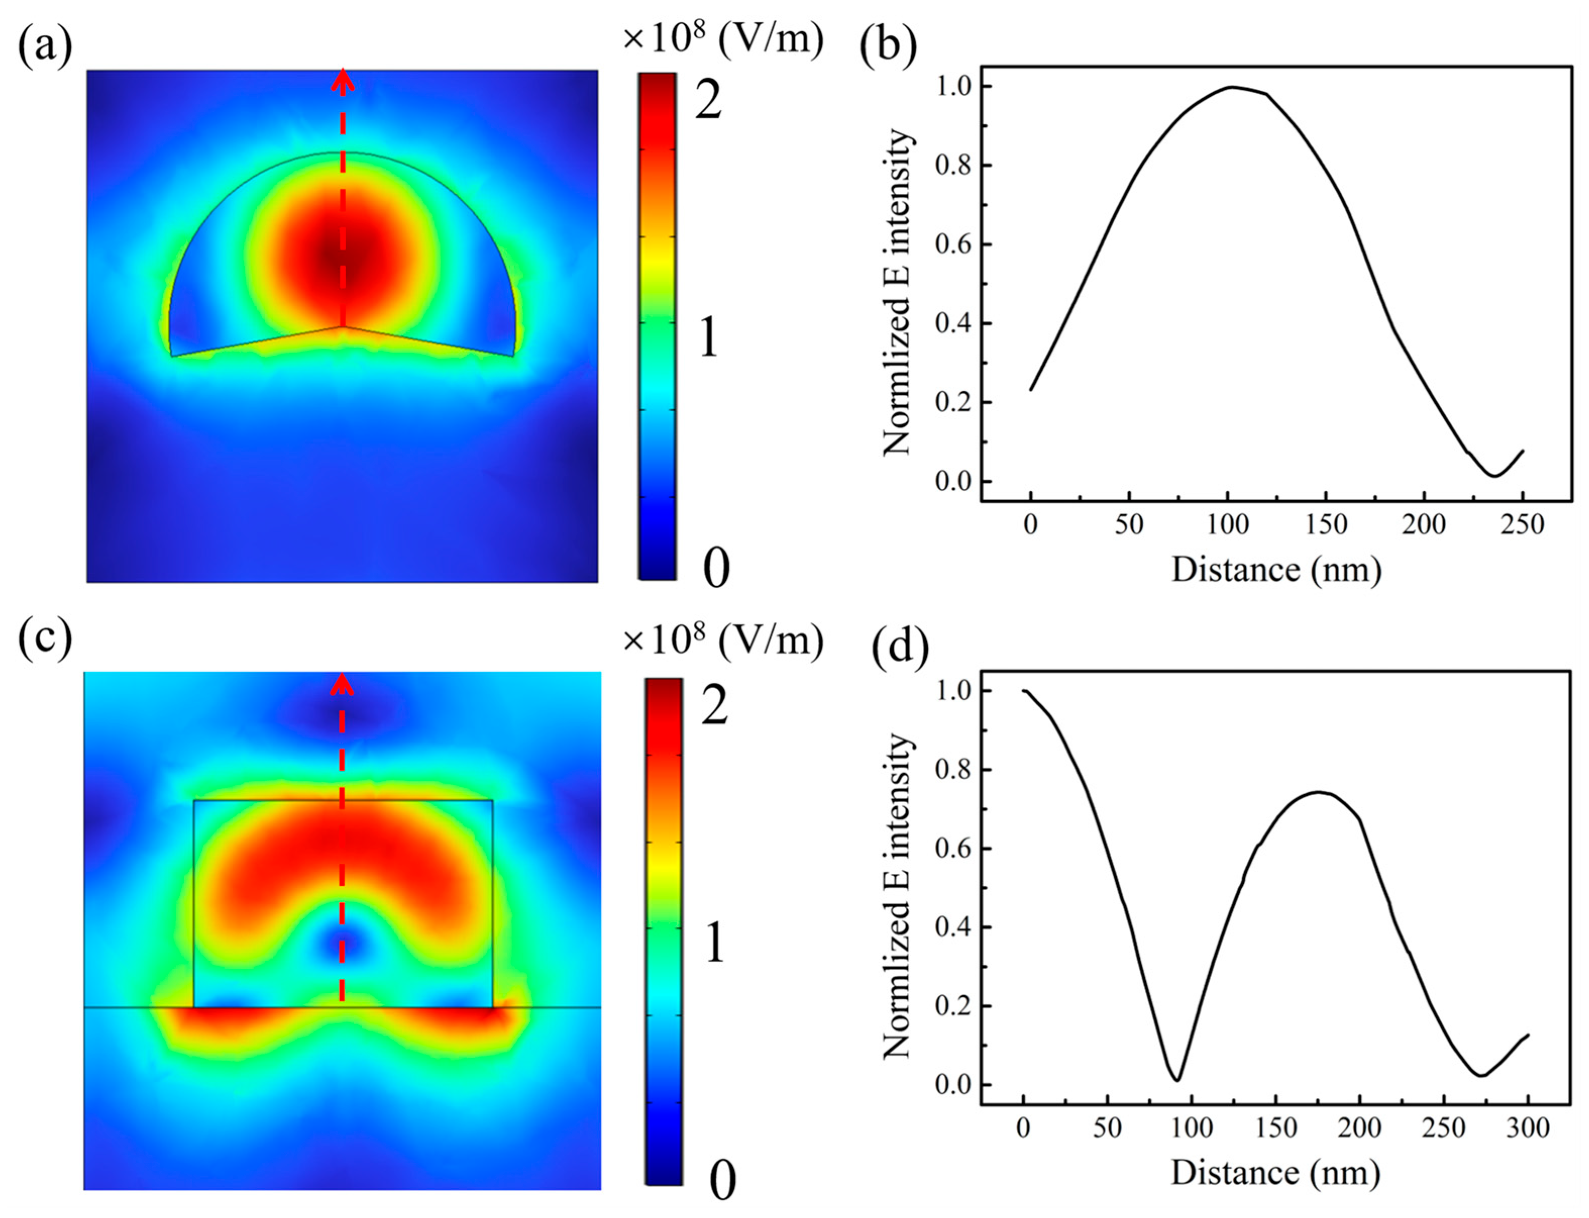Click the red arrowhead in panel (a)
tap(343, 80)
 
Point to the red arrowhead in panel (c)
tap(342, 683)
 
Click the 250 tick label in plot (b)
tap(1521, 524)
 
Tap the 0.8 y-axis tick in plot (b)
tap(953, 165)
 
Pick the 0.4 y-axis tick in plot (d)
tap(953, 927)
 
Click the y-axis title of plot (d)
tap(897, 896)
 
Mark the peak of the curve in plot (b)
tap(1231, 87)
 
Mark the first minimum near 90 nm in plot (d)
tap(1177, 1080)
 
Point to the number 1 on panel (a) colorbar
tap(708, 337)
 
